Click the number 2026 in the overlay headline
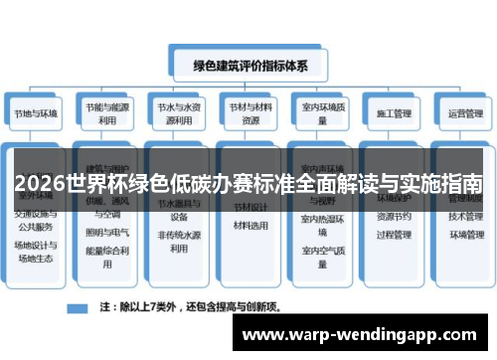click(38, 185)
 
